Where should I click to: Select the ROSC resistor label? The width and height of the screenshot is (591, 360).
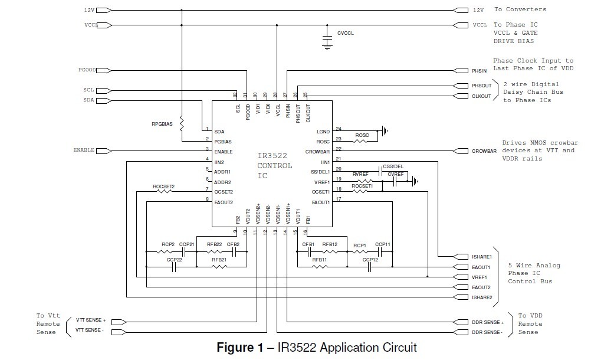[x=362, y=136]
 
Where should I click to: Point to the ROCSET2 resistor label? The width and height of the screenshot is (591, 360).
[x=164, y=186]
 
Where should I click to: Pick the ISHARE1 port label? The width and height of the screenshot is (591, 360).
[x=481, y=257]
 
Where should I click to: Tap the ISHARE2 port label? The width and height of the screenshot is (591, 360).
[x=481, y=297]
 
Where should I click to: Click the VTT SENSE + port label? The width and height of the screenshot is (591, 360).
[x=90, y=320]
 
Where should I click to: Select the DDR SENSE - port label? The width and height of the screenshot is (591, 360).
[x=487, y=333]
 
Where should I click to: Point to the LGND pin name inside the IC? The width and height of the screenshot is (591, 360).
[x=323, y=131]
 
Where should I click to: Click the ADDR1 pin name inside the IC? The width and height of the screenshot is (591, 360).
[x=224, y=172]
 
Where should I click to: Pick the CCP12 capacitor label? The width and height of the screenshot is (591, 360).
[x=370, y=260]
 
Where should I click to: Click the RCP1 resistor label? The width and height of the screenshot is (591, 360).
[x=360, y=244]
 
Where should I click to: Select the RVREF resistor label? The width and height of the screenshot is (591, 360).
[x=360, y=174]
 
